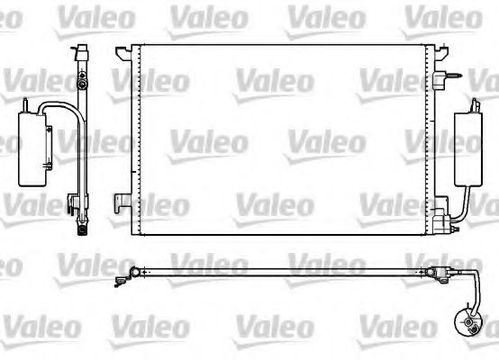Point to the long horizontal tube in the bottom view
point(288,271)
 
